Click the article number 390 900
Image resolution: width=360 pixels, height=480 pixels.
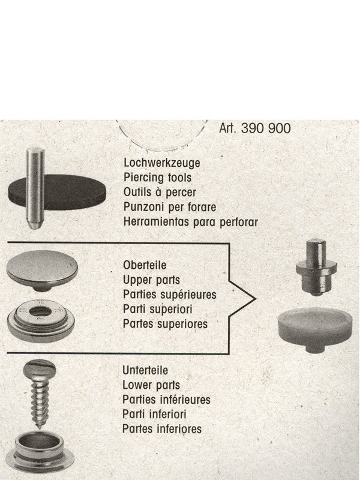266,128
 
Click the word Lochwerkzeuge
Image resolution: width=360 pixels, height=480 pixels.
162,163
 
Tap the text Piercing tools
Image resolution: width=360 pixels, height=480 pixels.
158,177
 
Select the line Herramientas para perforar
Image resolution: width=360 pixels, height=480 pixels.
191,221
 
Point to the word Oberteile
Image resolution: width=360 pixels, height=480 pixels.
145,265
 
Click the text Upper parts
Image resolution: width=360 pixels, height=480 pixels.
152,280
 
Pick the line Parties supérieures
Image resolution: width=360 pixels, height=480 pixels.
170,295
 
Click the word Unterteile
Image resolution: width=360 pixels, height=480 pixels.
145,370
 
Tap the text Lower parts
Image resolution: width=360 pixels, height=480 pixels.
151,385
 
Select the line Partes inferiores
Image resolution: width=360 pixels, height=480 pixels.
162,429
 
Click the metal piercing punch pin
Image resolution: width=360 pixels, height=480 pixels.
35,188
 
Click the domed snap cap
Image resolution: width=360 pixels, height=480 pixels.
42,269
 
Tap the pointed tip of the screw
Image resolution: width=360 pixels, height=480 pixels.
39,427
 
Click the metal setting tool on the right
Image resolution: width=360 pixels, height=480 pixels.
316,268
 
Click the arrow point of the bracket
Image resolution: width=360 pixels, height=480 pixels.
256,299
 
